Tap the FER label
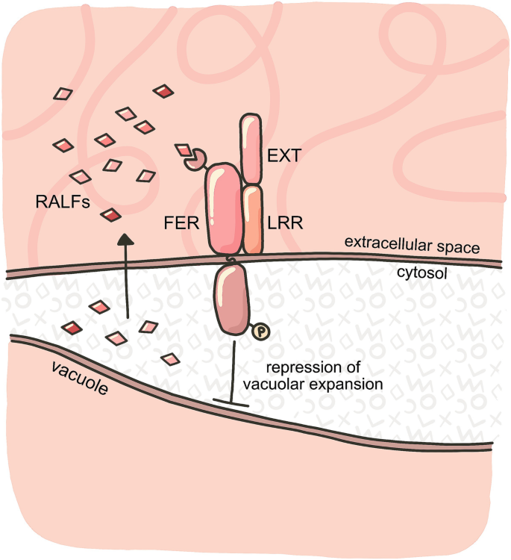click(x=181, y=223)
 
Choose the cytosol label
click(x=421, y=273)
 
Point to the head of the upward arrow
click(x=126, y=238)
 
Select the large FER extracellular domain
click(x=222, y=209)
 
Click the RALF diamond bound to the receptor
click(x=184, y=152)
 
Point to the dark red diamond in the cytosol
click(x=72, y=327)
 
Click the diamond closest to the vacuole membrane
click(x=172, y=360)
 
